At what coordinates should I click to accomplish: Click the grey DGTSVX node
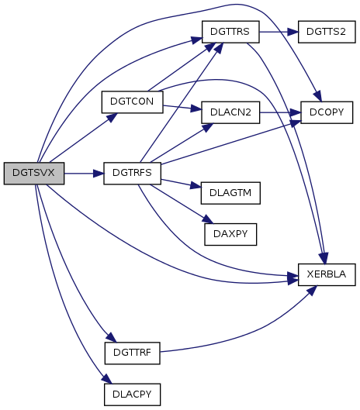34,174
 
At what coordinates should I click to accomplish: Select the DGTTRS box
230,32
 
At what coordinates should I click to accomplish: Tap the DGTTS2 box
327,32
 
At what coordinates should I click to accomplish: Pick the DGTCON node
132,102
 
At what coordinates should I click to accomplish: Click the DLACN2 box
230,112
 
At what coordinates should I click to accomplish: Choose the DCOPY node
327,112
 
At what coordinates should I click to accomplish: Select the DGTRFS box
132,174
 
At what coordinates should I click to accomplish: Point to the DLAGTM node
230,193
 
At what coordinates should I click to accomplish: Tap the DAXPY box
230,234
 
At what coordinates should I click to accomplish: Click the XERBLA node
327,274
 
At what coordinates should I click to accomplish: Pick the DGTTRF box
132,353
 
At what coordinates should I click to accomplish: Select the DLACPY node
132,394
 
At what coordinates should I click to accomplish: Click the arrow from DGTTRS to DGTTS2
279,32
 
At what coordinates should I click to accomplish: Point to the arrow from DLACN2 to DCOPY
280,112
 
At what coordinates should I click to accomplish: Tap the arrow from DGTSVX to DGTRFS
84,174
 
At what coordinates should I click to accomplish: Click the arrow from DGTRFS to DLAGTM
181,183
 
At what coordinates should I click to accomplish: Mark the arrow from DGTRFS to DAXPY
182,204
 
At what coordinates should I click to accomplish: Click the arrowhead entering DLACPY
107,379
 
